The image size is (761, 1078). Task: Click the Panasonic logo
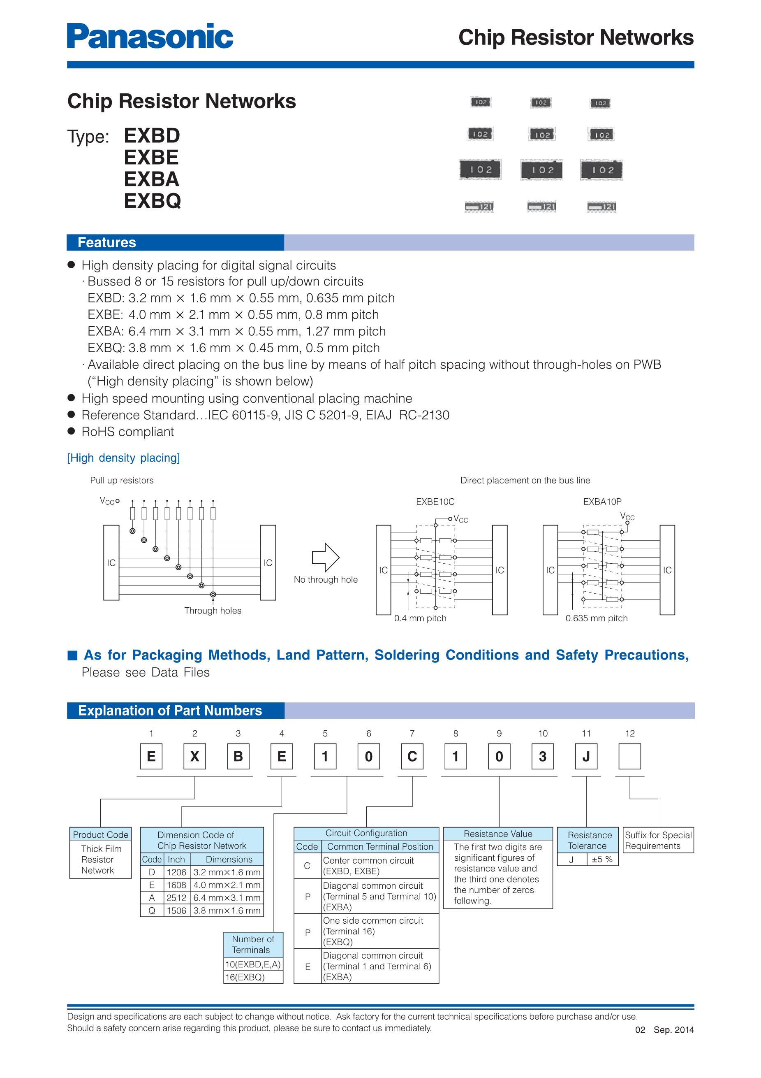150,36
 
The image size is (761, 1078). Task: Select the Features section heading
106,242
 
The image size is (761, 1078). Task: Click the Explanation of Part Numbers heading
170,711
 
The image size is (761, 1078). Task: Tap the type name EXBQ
152,201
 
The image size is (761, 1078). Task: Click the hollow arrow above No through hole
326,558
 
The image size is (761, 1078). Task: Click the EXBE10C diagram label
435,502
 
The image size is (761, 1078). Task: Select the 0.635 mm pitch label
596,618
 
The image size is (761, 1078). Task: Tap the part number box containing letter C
412,756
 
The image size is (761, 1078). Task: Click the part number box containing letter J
586,756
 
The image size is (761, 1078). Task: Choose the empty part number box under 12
629,756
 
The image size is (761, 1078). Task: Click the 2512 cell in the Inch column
176,898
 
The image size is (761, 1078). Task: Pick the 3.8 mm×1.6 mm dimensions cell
227,911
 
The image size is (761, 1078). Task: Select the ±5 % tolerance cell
602,859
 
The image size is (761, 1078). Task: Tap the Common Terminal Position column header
380,846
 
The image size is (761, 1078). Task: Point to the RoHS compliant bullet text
127,432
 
